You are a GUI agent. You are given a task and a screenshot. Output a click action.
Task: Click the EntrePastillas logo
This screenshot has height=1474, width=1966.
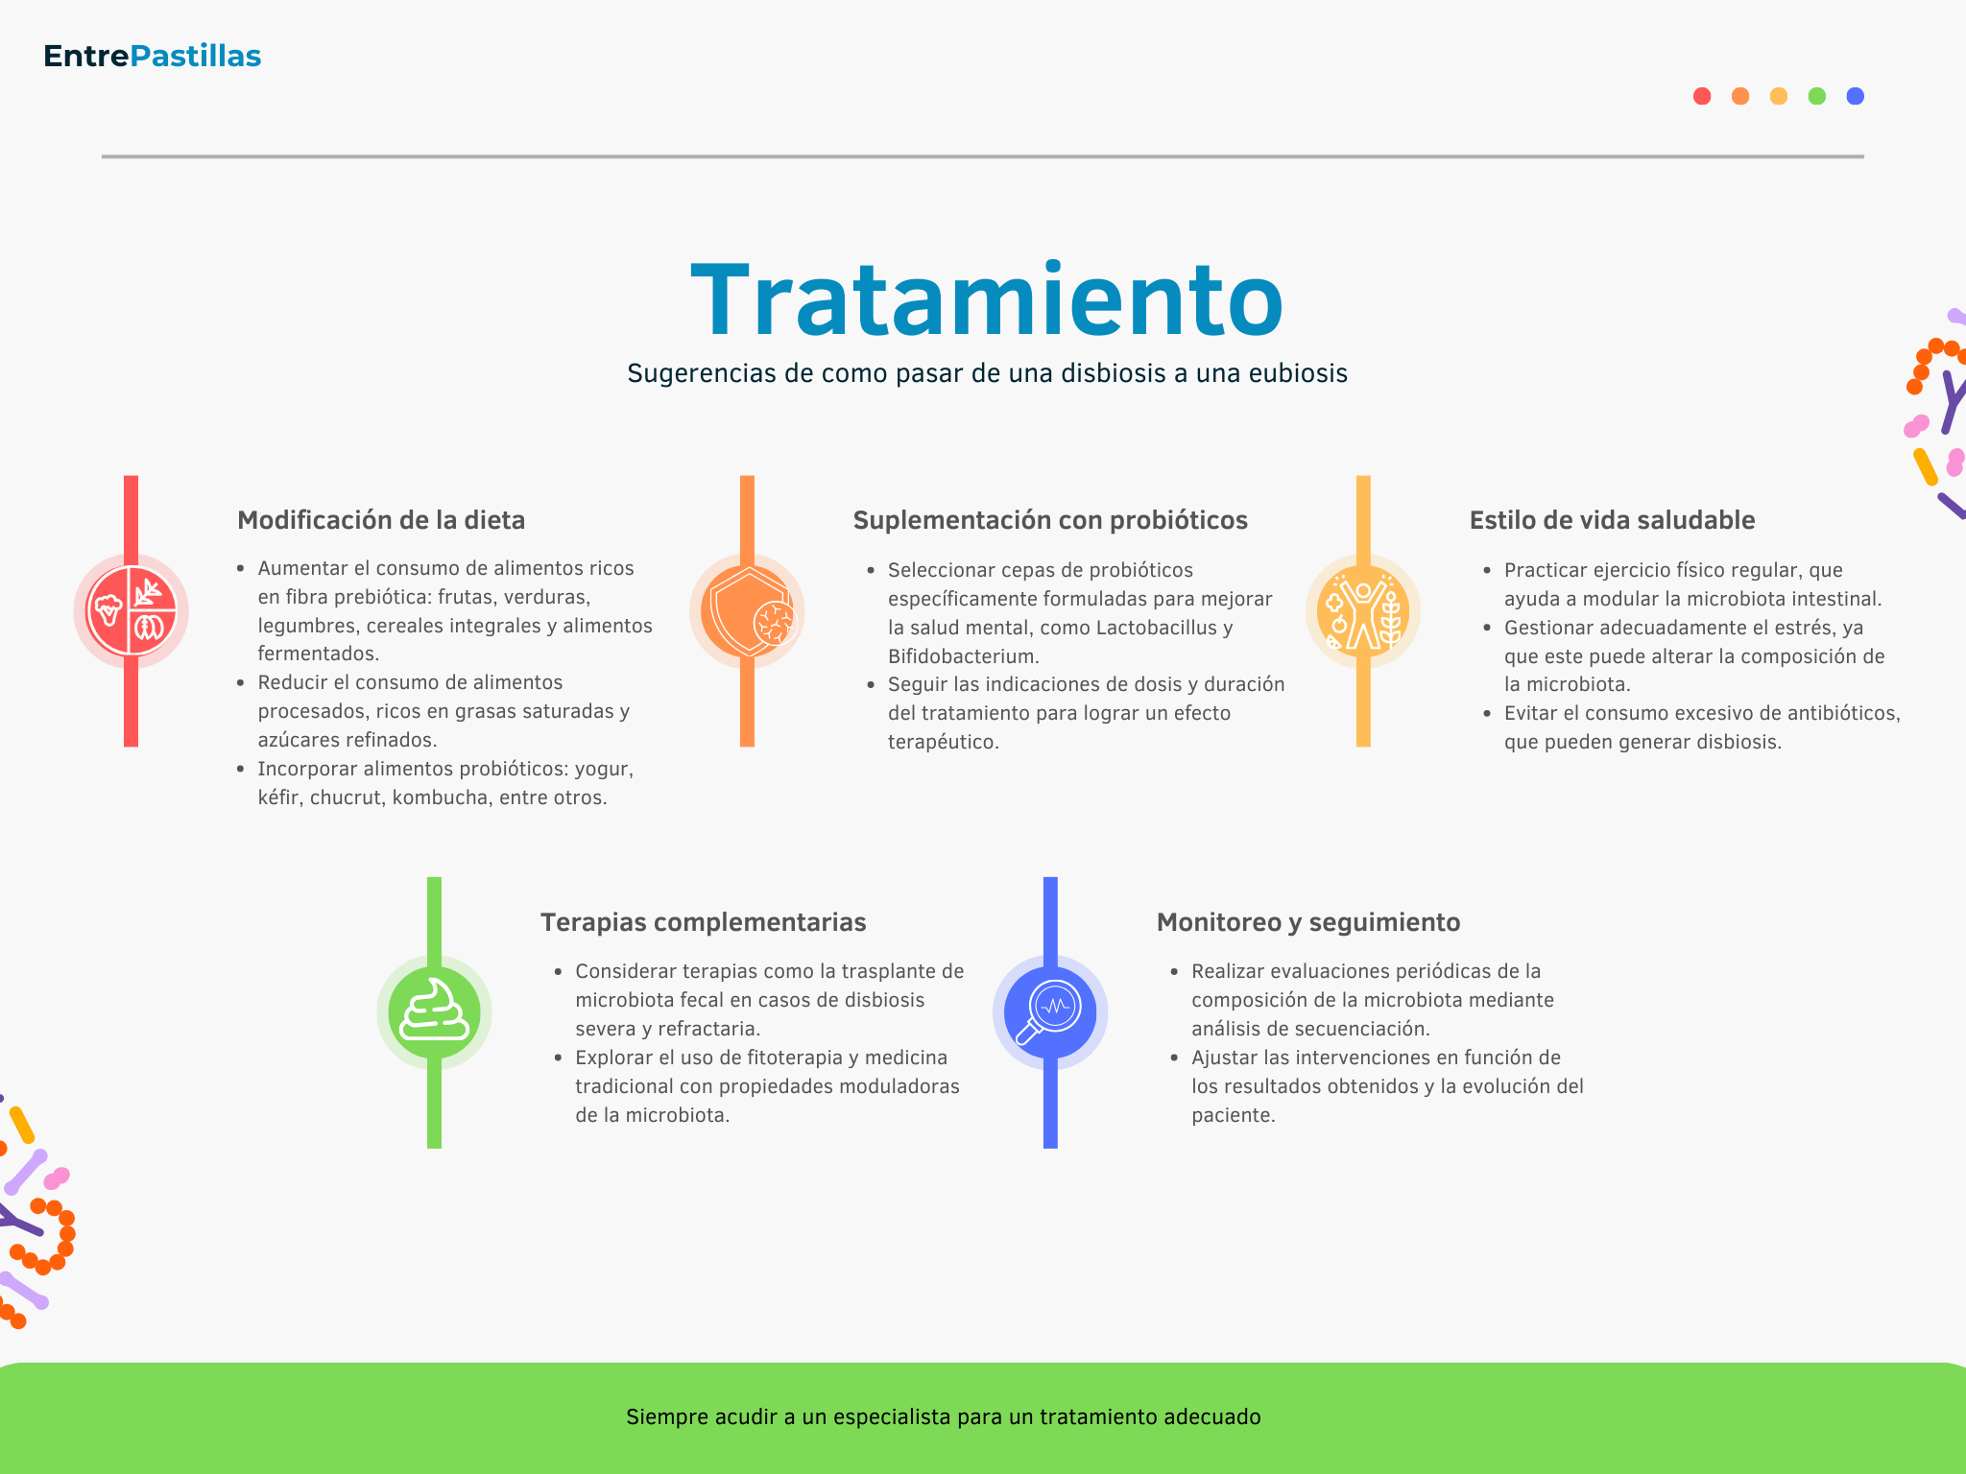pyautogui.click(x=152, y=56)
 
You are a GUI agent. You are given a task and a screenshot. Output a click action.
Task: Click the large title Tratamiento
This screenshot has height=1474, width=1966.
pyautogui.click(x=987, y=300)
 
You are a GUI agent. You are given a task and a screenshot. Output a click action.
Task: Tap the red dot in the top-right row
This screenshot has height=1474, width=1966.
pyautogui.click(x=1702, y=96)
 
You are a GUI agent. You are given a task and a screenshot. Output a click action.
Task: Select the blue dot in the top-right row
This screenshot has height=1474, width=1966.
pyautogui.click(x=1856, y=96)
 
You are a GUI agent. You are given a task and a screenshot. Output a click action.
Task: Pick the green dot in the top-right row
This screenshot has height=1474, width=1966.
pyautogui.click(x=1817, y=96)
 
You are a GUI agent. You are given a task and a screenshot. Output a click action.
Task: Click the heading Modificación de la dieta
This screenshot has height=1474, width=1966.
pyautogui.click(x=381, y=520)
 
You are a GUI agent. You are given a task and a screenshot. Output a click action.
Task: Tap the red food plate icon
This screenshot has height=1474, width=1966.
pyautogui.click(x=132, y=611)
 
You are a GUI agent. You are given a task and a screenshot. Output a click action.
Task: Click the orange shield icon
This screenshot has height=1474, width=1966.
pyautogui.click(x=747, y=611)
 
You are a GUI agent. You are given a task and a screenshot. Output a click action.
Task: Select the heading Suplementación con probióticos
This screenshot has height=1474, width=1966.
pyautogui.click(x=1050, y=520)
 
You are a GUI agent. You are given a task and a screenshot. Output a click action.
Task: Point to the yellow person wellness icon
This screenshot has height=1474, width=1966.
pyautogui.click(x=1363, y=611)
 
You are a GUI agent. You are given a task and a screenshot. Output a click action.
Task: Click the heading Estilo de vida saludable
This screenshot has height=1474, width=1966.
pyautogui.click(x=1612, y=520)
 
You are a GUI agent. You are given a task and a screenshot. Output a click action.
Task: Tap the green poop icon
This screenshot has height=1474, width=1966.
pyautogui.click(x=434, y=1012)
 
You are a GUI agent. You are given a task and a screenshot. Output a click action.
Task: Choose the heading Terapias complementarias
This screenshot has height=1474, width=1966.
pyautogui.click(x=703, y=922)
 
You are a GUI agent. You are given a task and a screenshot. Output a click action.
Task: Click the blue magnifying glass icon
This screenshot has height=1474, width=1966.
pyautogui.click(x=1050, y=1012)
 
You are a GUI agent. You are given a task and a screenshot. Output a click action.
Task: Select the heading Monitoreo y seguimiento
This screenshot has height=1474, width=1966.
pyautogui.click(x=1308, y=922)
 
